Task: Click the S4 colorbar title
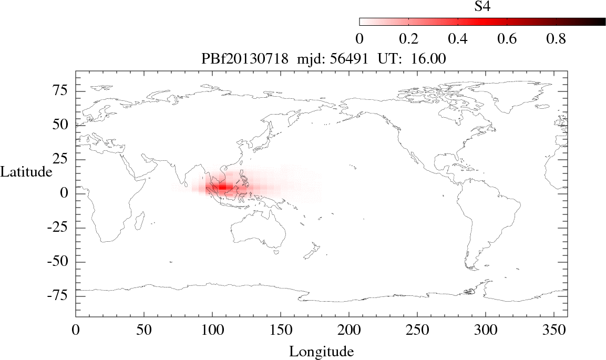coord(482,6)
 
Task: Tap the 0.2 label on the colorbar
coord(408,39)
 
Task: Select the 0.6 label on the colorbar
coord(507,39)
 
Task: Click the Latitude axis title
coord(26,171)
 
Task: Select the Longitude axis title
coord(321,351)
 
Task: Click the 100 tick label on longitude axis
coord(212,330)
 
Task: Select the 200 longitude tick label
coord(349,330)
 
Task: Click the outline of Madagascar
coord(140,221)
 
